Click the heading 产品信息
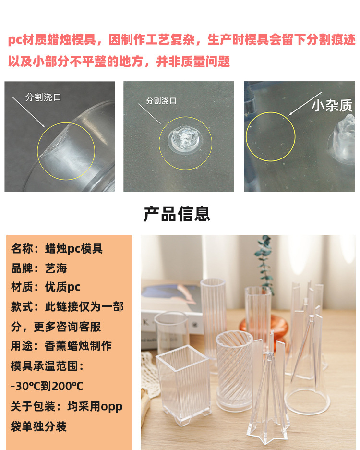(x=177, y=214)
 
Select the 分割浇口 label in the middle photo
(x=161, y=101)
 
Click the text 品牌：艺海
(x=39, y=268)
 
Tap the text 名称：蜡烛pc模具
(x=57, y=249)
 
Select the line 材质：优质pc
(x=46, y=287)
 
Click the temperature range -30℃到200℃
(x=47, y=386)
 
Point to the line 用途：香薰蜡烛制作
(x=61, y=346)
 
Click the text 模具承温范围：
(x=48, y=366)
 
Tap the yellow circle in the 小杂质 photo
(x=270, y=136)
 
